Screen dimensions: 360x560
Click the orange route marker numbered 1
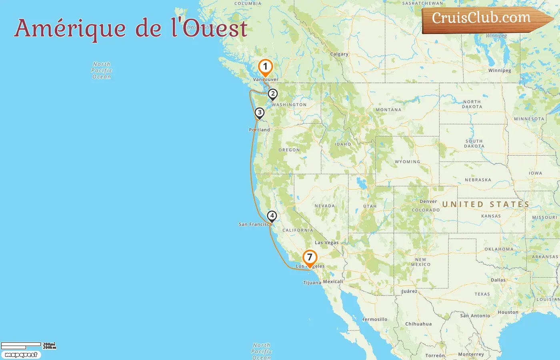[x=265, y=67]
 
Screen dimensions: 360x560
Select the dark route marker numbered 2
[x=272, y=94]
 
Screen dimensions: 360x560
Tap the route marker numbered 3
[x=260, y=113]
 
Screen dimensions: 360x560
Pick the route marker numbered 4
[x=272, y=216]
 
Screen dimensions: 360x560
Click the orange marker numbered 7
[x=310, y=258]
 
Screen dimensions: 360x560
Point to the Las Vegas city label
[x=326, y=242]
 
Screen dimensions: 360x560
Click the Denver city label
[x=428, y=201]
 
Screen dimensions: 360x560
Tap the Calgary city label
[x=339, y=54]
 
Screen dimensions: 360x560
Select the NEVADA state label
[x=325, y=206]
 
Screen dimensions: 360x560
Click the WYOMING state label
[x=408, y=162]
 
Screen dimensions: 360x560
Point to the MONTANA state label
[x=388, y=110]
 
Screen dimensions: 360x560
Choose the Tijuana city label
[x=312, y=282]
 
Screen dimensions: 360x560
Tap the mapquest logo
[x=21, y=355]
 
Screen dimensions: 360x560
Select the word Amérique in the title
[x=70, y=28]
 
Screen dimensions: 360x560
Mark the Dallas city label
[x=498, y=280]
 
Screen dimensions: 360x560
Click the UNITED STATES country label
[x=486, y=204]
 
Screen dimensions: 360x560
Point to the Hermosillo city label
[x=375, y=319]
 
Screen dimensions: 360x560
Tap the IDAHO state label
[x=343, y=144]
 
